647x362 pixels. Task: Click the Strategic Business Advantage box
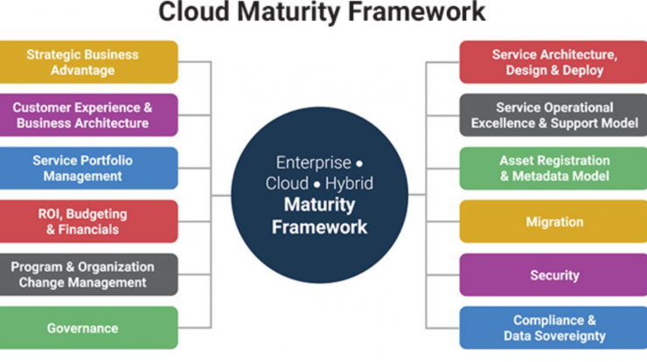pyautogui.click(x=88, y=62)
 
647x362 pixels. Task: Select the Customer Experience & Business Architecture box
pyautogui.click(x=88, y=115)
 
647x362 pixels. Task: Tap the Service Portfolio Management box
pyautogui.click(x=88, y=168)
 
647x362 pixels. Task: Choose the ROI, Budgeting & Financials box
pyautogui.click(x=88, y=221)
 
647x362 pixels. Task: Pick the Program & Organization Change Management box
pyautogui.click(x=88, y=275)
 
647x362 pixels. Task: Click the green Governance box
pyautogui.click(x=88, y=328)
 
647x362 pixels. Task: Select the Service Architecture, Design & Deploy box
pyautogui.click(x=553, y=62)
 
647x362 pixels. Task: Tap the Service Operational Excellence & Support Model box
pyautogui.click(x=553, y=115)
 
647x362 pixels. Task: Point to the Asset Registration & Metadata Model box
pyautogui.click(x=553, y=168)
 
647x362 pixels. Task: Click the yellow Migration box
pyautogui.click(x=553, y=221)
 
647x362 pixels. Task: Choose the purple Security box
pyautogui.click(x=553, y=275)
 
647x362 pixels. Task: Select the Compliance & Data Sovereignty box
pyautogui.click(x=553, y=328)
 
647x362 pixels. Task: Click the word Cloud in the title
pyautogui.click(x=194, y=11)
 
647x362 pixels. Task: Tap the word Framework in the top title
pyautogui.click(x=417, y=11)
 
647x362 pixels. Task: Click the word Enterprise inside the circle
pyautogui.click(x=314, y=163)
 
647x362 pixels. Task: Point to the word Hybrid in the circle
pyautogui.click(x=349, y=184)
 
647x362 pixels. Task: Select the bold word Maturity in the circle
pyautogui.click(x=319, y=205)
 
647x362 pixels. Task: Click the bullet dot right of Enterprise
pyautogui.click(x=359, y=164)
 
